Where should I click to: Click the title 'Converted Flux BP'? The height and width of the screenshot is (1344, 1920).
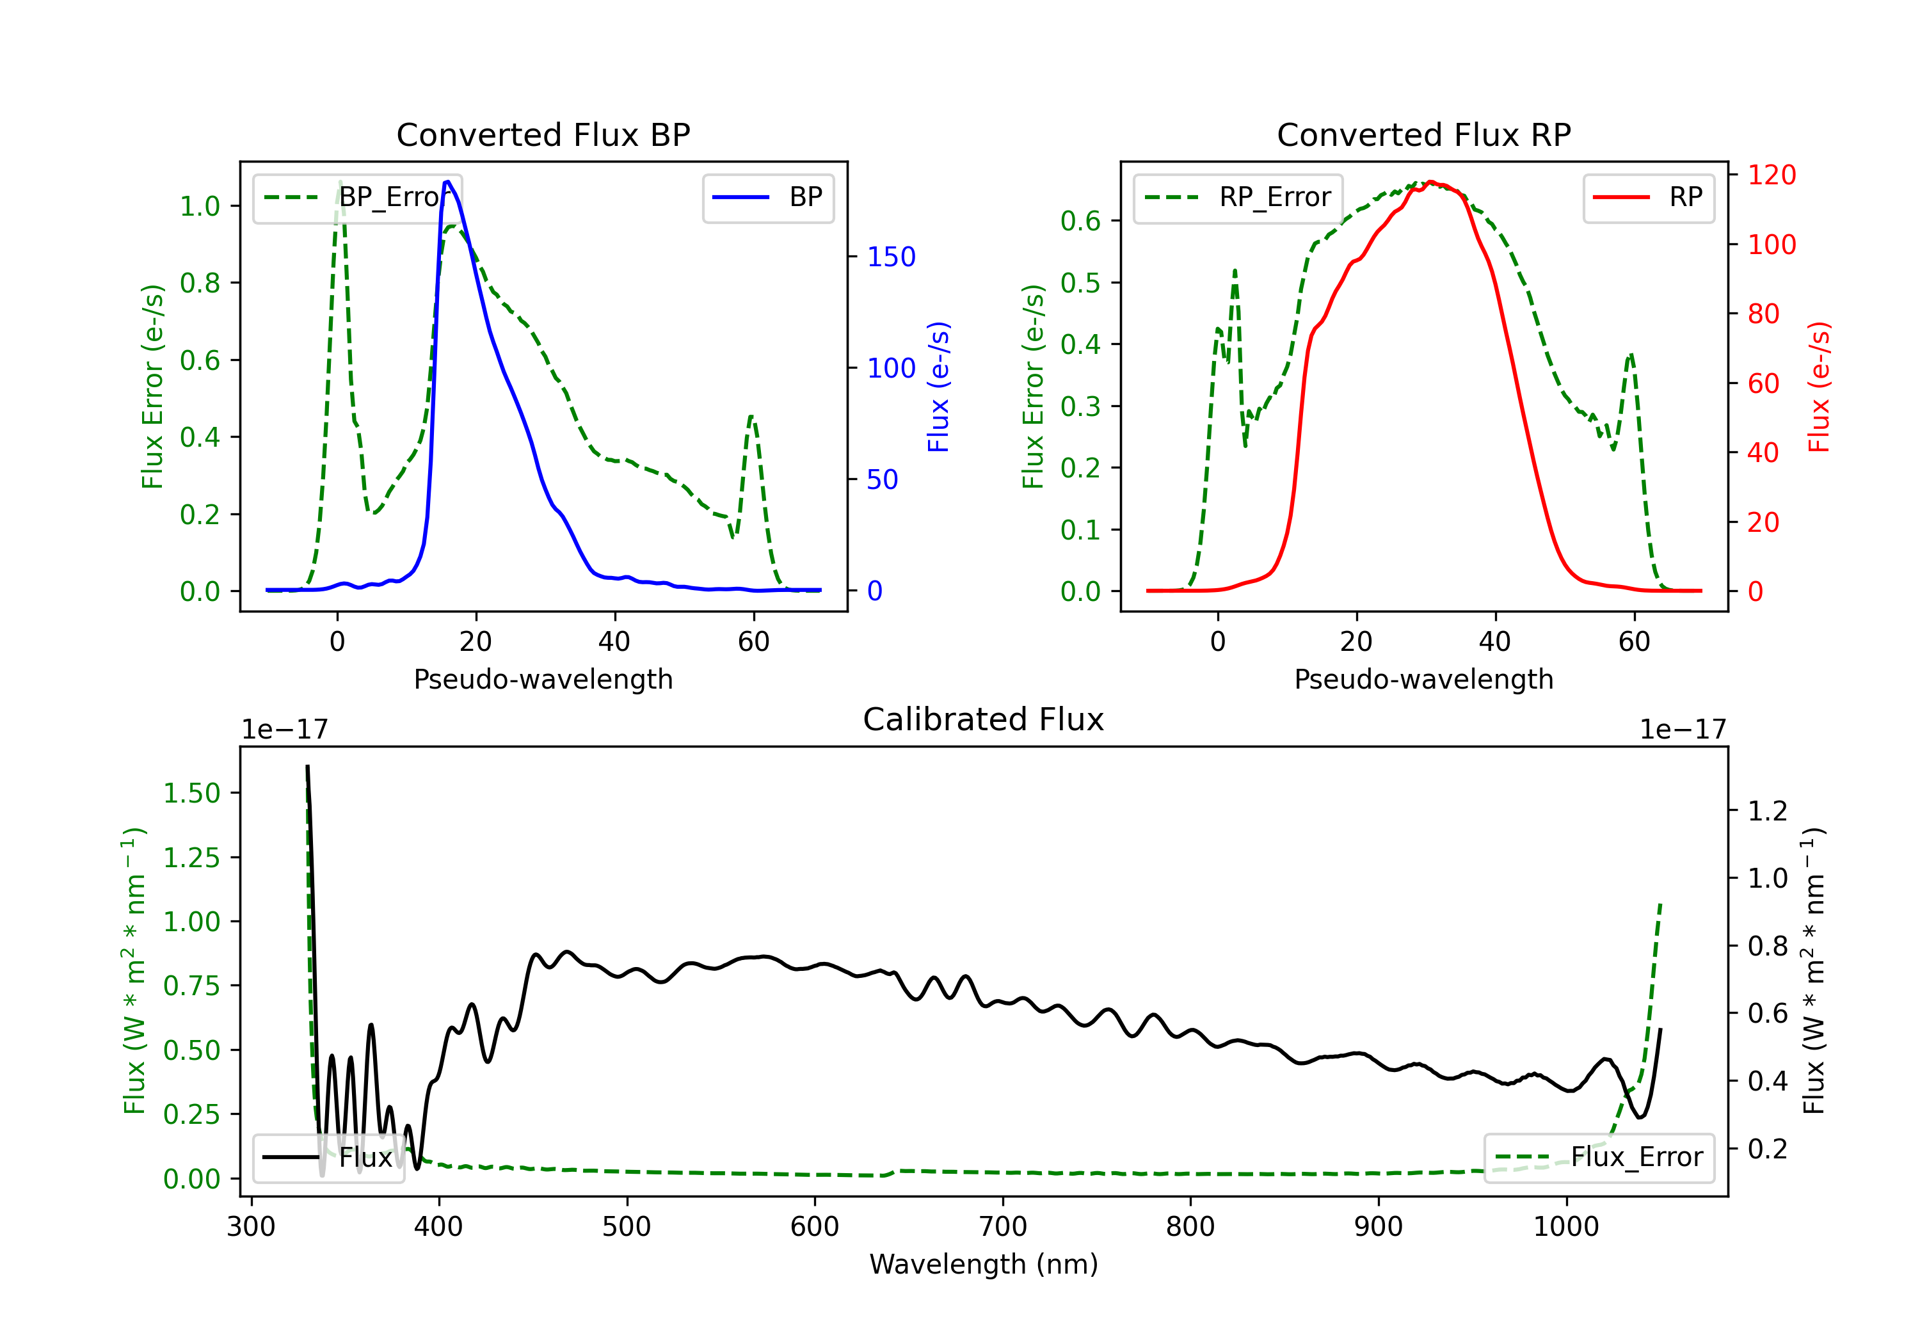coord(543,134)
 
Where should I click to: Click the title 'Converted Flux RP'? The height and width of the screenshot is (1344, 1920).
coord(1423,134)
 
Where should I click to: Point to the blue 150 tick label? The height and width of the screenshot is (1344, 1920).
coord(891,257)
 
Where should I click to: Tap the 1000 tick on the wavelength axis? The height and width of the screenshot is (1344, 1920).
coord(1565,1227)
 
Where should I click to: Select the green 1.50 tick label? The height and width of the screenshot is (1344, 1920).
coord(191,793)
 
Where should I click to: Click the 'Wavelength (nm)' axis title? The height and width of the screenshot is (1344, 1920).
coord(984,1264)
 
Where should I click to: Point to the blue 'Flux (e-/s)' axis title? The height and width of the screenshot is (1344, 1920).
coord(938,387)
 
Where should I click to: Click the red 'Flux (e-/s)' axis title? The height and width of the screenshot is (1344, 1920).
coord(1819,387)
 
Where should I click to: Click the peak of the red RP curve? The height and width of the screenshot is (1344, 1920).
coord(1431,182)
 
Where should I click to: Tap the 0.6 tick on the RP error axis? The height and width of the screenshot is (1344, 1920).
coord(1080,221)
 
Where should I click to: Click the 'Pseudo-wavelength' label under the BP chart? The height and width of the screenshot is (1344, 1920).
coord(543,679)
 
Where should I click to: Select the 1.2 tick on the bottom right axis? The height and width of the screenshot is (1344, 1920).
coord(1767,812)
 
